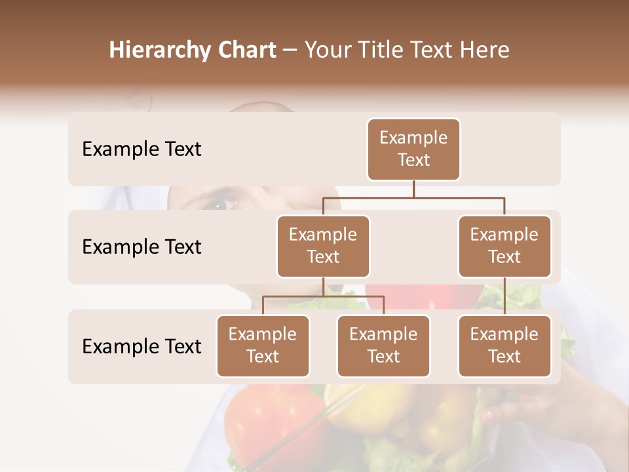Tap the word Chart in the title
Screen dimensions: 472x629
[x=246, y=50]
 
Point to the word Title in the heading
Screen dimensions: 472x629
[x=385, y=50]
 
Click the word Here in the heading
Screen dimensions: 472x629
[x=484, y=50]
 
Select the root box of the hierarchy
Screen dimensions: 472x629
[x=413, y=149]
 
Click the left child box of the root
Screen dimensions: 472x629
[x=323, y=246]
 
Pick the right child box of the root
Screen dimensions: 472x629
[x=505, y=246]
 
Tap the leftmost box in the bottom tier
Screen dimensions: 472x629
[x=263, y=346]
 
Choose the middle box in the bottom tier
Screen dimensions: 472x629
[x=383, y=346]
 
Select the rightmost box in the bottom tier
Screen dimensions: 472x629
[x=505, y=346]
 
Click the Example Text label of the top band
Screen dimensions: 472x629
[x=142, y=149]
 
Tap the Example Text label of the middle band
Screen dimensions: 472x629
[x=142, y=247]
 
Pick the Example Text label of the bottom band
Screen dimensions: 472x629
[x=142, y=346]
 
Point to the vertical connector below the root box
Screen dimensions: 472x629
[x=413, y=189]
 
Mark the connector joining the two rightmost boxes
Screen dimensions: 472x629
[x=505, y=296]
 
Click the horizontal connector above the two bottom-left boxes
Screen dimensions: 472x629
[x=323, y=296]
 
